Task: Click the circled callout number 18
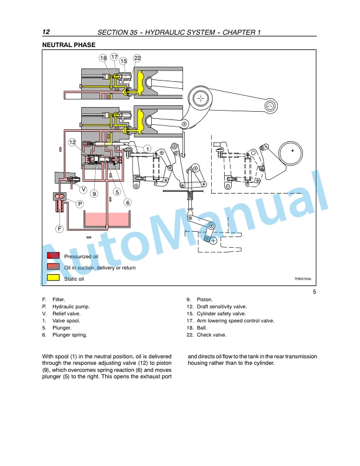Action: [x=103, y=58]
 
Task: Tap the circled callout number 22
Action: [x=137, y=58]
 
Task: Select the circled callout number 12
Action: [x=72, y=142]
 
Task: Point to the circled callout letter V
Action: [x=84, y=189]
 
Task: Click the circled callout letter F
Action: [x=59, y=228]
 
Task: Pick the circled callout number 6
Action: [x=128, y=202]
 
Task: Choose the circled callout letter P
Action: [x=79, y=204]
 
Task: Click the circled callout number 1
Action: [x=147, y=149]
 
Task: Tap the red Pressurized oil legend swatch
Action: [x=53, y=256]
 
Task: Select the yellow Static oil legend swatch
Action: [x=53, y=278]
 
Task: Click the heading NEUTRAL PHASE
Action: [x=69, y=45]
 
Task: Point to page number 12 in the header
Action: [x=46, y=32]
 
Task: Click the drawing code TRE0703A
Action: [x=303, y=279]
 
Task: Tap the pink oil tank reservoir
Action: [x=108, y=219]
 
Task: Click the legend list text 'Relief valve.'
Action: [x=66, y=314]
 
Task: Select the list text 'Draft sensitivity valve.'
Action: [x=222, y=307]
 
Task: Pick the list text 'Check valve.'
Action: [x=212, y=335]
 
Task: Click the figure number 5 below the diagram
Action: [x=314, y=292]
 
